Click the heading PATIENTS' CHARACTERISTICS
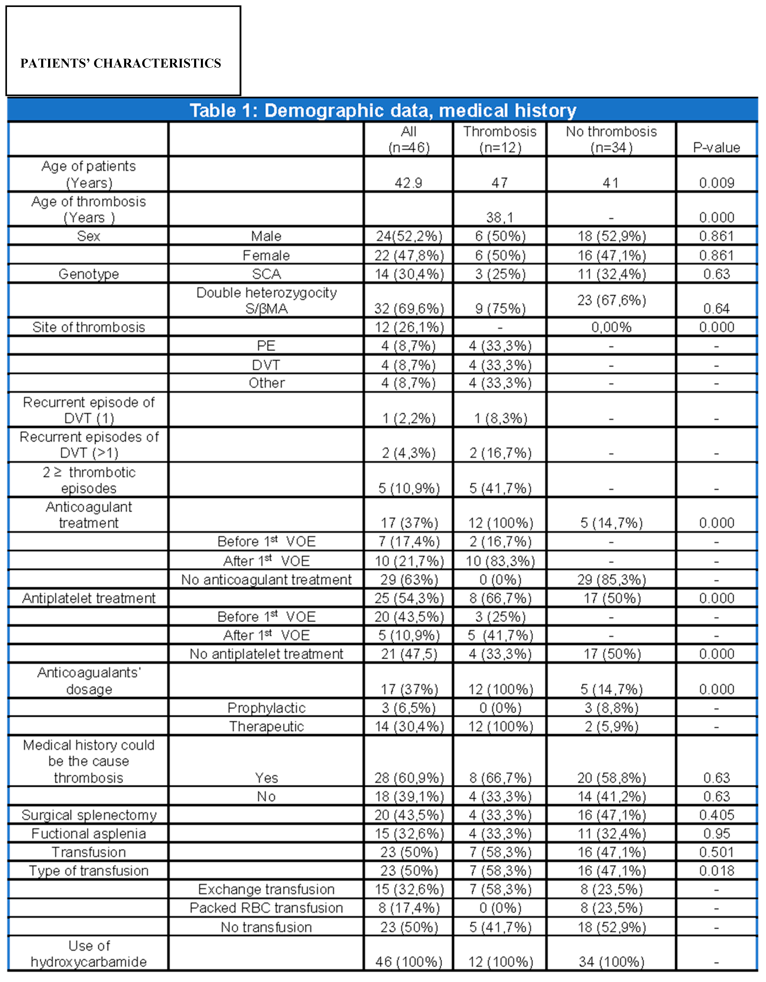pos(121,63)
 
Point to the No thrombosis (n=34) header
pos(611,139)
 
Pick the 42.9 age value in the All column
pos(408,183)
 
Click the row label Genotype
pos(89,274)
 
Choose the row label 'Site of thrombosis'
pos(89,327)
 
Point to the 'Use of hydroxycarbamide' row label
pos(89,953)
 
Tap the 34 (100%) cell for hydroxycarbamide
pos(611,961)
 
